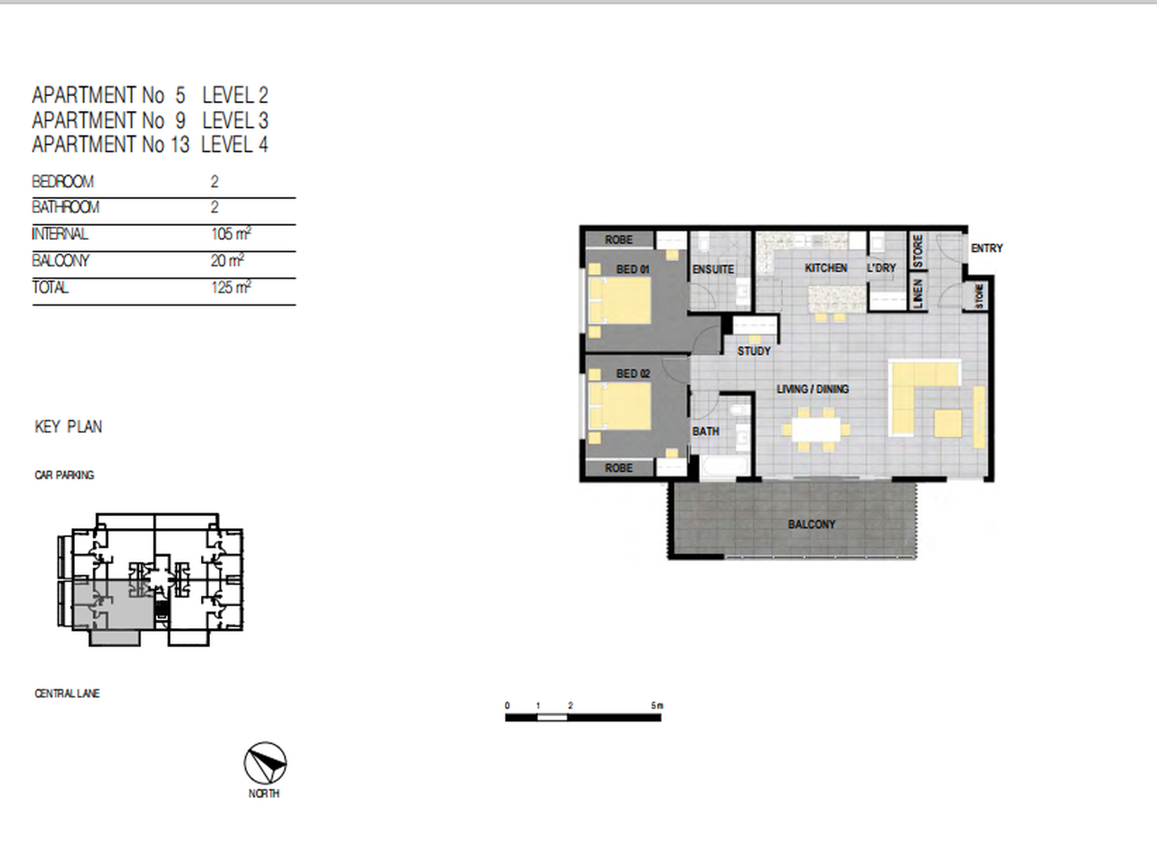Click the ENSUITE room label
tap(713, 269)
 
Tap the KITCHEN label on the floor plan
tap(826, 268)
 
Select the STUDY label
tap(754, 351)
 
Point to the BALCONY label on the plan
tap(812, 524)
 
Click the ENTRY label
tap(986, 248)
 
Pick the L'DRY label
tap(881, 268)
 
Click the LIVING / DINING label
tap(812, 389)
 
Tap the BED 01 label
tap(633, 269)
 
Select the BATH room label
tap(706, 431)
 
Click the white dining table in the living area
tap(816, 429)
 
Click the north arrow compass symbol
tap(265, 763)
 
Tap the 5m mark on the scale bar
tap(657, 705)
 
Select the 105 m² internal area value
tap(231, 233)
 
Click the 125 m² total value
tap(231, 287)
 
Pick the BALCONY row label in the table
tap(61, 261)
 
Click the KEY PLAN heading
tap(68, 426)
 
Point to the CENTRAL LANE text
tap(67, 693)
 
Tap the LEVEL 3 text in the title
tap(235, 120)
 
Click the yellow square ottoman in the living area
tap(948, 423)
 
